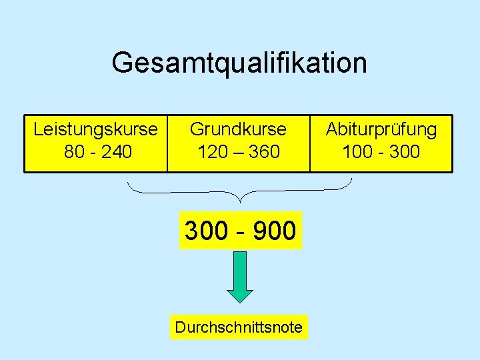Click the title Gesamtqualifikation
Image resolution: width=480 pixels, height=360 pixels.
pyautogui.click(x=239, y=63)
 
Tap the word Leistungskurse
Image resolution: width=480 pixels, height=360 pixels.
pyautogui.click(x=96, y=129)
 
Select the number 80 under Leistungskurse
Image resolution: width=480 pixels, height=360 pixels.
pyautogui.click(x=73, y=151)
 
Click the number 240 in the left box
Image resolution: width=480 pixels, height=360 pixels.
pyautogui.click(x=117, y=151)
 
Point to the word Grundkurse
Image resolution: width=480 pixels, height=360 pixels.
pyautogui.click(x=238, y=129)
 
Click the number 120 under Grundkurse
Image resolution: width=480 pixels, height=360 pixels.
pyautogui.click(x=212, y=151)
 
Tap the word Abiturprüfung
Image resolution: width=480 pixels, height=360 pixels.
pyautogui.click(x=381, y=129)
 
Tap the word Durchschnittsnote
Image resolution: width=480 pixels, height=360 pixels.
pyautogui.click(x=238, y=327)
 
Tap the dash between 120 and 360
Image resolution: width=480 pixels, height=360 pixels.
pyautogui.click(x=238, y=152)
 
